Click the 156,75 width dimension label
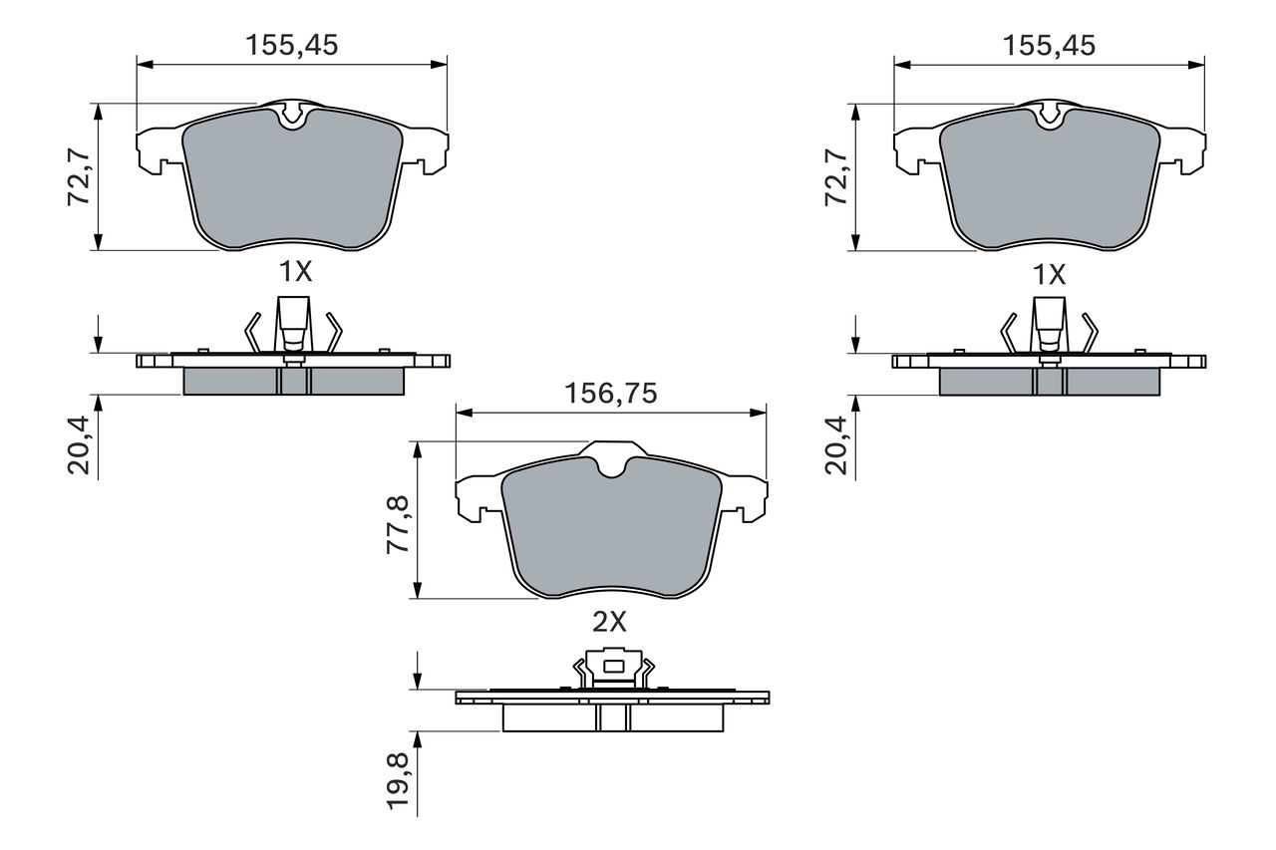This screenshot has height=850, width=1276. coord(611,394)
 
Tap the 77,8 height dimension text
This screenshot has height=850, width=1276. coord(398,525)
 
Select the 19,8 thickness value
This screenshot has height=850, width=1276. coord(398,780)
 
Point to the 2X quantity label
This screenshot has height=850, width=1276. coord(609,622)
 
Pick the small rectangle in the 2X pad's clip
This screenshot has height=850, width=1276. coord(613,666)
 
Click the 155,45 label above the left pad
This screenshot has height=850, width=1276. coord(292,45)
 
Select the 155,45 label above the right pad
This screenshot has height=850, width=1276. coord(1049,46)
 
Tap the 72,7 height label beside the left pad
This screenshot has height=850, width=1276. coord(79,176)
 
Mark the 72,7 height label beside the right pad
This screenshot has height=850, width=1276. coord(836,176)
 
